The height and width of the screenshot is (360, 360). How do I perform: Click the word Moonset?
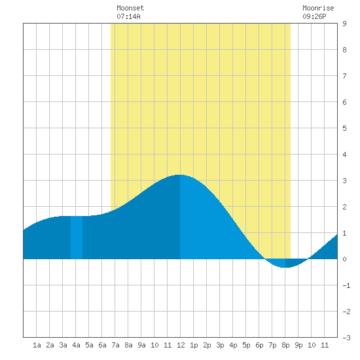[130, 8]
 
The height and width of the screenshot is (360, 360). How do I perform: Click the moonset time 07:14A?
[128, 16]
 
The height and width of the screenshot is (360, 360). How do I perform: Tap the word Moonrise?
[318, 8]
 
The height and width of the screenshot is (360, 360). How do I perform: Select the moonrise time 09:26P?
[314, 16]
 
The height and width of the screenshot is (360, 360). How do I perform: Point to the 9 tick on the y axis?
[344, 24]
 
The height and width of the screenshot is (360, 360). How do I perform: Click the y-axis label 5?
[344, 128]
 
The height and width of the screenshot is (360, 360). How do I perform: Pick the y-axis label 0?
[344, 259]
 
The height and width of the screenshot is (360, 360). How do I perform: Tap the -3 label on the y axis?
[346, 338]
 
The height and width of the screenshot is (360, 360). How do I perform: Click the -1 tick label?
[346, 285]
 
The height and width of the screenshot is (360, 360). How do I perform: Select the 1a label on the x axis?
[37, 345]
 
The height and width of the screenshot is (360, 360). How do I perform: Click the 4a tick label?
[76, 345]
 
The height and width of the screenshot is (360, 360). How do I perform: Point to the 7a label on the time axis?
[115, 345]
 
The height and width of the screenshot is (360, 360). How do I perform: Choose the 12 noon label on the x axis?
[181, 345]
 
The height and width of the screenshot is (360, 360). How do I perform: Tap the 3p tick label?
[220, 345]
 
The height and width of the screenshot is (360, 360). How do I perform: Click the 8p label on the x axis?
[285, 345]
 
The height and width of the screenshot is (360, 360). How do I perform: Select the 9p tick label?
[298, 345]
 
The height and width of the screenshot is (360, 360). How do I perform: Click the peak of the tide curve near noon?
[180, 175]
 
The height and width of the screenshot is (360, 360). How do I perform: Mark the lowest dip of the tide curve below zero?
[285, 268]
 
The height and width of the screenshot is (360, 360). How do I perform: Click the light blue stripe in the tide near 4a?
[77, 238]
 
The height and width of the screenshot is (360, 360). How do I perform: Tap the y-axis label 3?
[344, 181]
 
